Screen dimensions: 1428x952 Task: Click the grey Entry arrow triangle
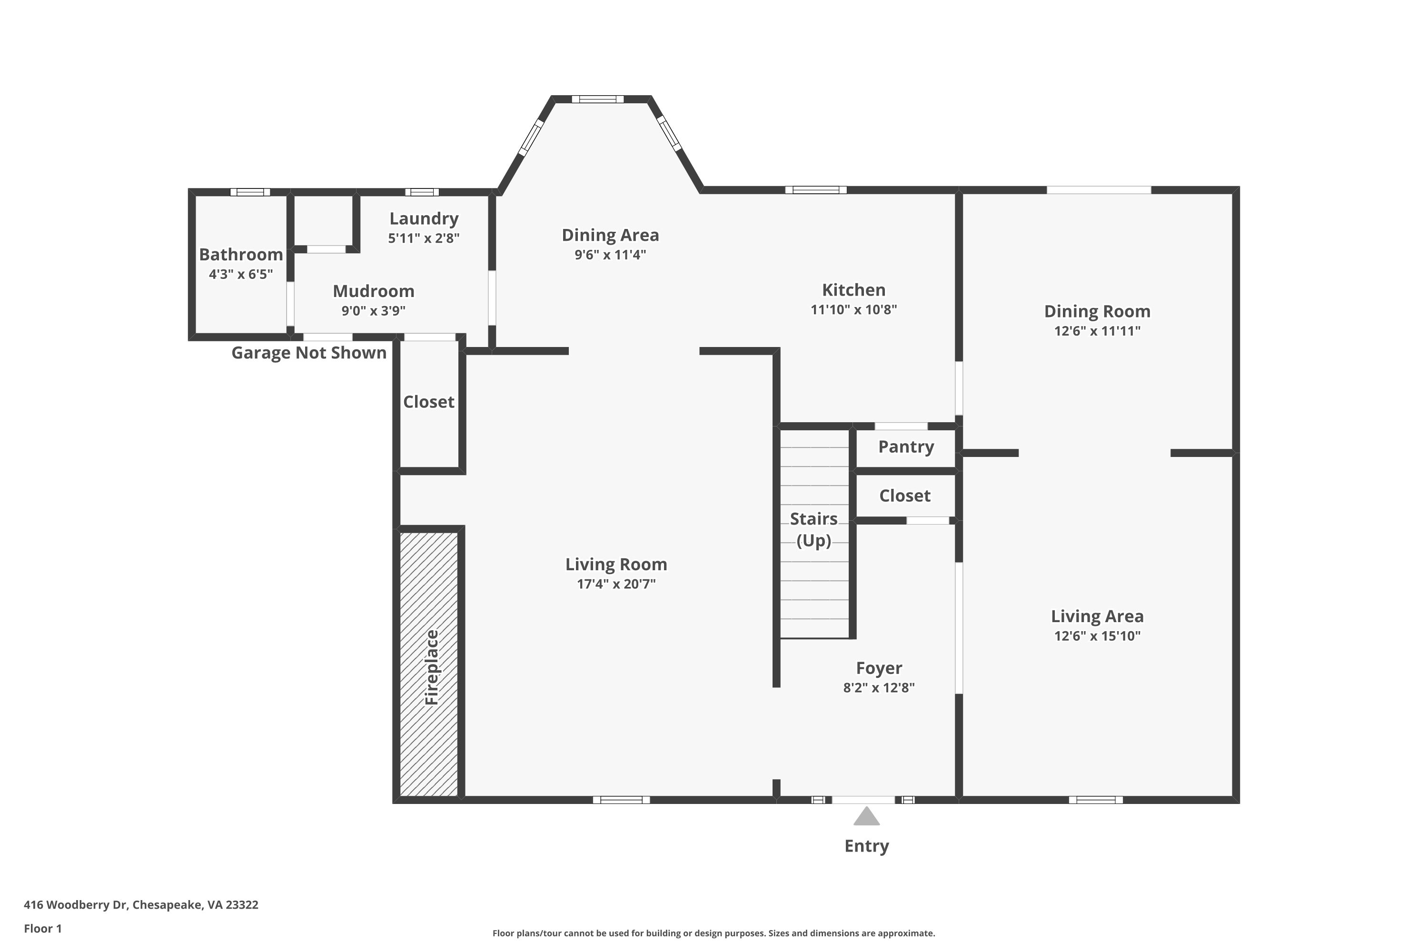click(866, 817)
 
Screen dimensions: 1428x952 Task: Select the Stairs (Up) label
click(813, 529)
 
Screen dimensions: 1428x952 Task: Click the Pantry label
click(906, 447)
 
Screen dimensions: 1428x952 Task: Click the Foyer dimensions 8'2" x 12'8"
click(879, 688)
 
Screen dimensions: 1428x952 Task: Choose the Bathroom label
click(241, 254)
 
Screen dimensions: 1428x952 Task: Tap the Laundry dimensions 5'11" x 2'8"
click(424, 238)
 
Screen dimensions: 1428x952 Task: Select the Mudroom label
click(373, 291)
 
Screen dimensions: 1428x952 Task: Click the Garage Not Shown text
click(309, 353)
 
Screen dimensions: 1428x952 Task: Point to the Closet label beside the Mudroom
click(429, 402)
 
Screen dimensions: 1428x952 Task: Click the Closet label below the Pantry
click(905, 496)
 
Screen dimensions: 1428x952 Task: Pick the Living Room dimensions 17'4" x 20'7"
click(616, 584)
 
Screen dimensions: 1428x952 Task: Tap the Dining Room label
click(1097, 311)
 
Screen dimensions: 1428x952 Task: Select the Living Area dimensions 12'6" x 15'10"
click(1097, 635)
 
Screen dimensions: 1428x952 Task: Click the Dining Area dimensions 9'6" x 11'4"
click(610, 254)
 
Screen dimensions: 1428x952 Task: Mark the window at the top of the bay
click(597, 99)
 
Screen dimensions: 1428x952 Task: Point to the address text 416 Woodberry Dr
click(75, 905)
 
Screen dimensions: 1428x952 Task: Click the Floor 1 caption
click(42, 928)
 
